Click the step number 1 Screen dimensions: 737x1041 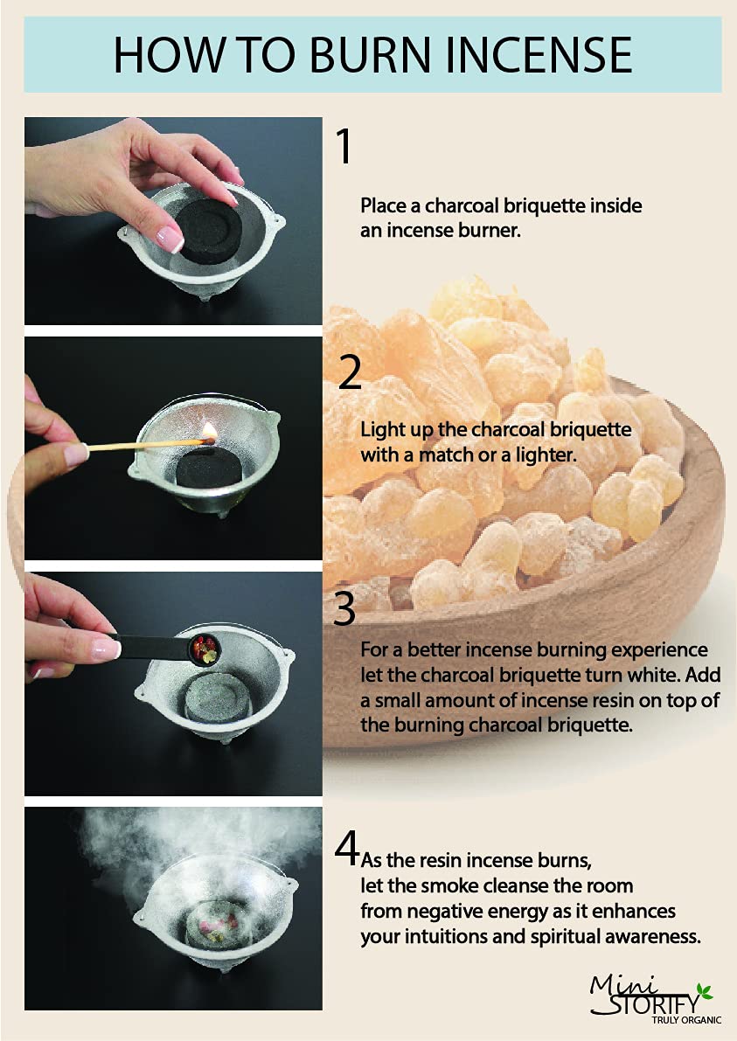pos(344,147)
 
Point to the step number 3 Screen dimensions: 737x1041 pos(344,608)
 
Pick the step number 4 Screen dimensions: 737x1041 pos(346,848)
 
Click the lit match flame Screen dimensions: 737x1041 pos(208,432)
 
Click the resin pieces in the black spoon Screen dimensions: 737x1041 pos(205,649)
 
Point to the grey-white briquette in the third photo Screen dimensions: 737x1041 pos(212,703)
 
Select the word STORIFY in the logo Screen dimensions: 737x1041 pos(654,1003)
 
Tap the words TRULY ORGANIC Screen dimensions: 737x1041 pos(686,1020)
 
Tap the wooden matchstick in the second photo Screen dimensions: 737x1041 pos(145,444)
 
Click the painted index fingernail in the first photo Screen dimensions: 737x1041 pos(169,239)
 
